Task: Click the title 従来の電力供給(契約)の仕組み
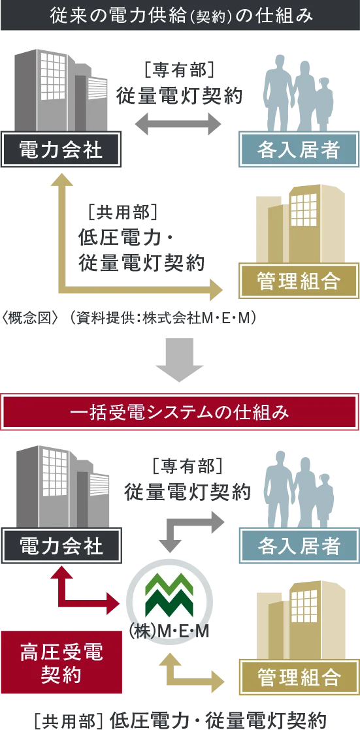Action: [180, 15]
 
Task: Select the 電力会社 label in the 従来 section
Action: [61, 151]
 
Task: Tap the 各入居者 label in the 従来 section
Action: [299, 151]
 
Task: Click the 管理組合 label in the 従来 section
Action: [299, 281]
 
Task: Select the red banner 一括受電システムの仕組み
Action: [180, 412]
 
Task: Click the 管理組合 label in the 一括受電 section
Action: [299, 677]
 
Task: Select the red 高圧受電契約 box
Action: [61, 661]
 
